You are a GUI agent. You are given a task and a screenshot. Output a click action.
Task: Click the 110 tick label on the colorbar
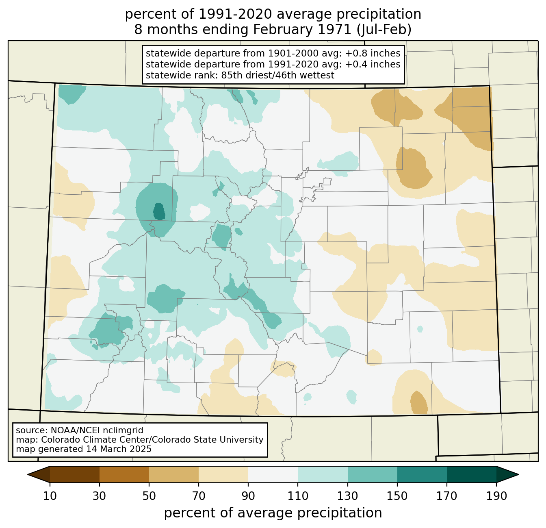298,496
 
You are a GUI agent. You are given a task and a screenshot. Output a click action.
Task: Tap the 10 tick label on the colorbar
50,496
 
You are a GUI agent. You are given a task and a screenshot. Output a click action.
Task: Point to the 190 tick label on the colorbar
496,496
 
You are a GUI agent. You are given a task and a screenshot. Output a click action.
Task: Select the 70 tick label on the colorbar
198,496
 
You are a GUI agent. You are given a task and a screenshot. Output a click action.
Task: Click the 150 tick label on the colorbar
397,496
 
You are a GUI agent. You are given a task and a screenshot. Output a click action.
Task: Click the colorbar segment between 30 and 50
124,475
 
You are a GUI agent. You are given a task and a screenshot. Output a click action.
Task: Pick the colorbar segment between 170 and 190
471,475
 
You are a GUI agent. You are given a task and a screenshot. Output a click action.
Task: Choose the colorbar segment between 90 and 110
273,475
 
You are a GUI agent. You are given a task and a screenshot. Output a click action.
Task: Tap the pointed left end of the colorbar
28,475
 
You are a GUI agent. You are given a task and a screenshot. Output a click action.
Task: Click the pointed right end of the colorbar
518,475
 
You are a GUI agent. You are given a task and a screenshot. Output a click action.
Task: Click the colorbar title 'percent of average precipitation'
273,513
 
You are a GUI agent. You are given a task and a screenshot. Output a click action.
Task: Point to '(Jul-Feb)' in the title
384,30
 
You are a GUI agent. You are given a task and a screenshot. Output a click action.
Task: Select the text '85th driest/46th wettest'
278,75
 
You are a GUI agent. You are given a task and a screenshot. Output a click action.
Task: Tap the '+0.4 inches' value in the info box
373,64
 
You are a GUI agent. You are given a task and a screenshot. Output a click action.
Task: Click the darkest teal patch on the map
159,211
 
